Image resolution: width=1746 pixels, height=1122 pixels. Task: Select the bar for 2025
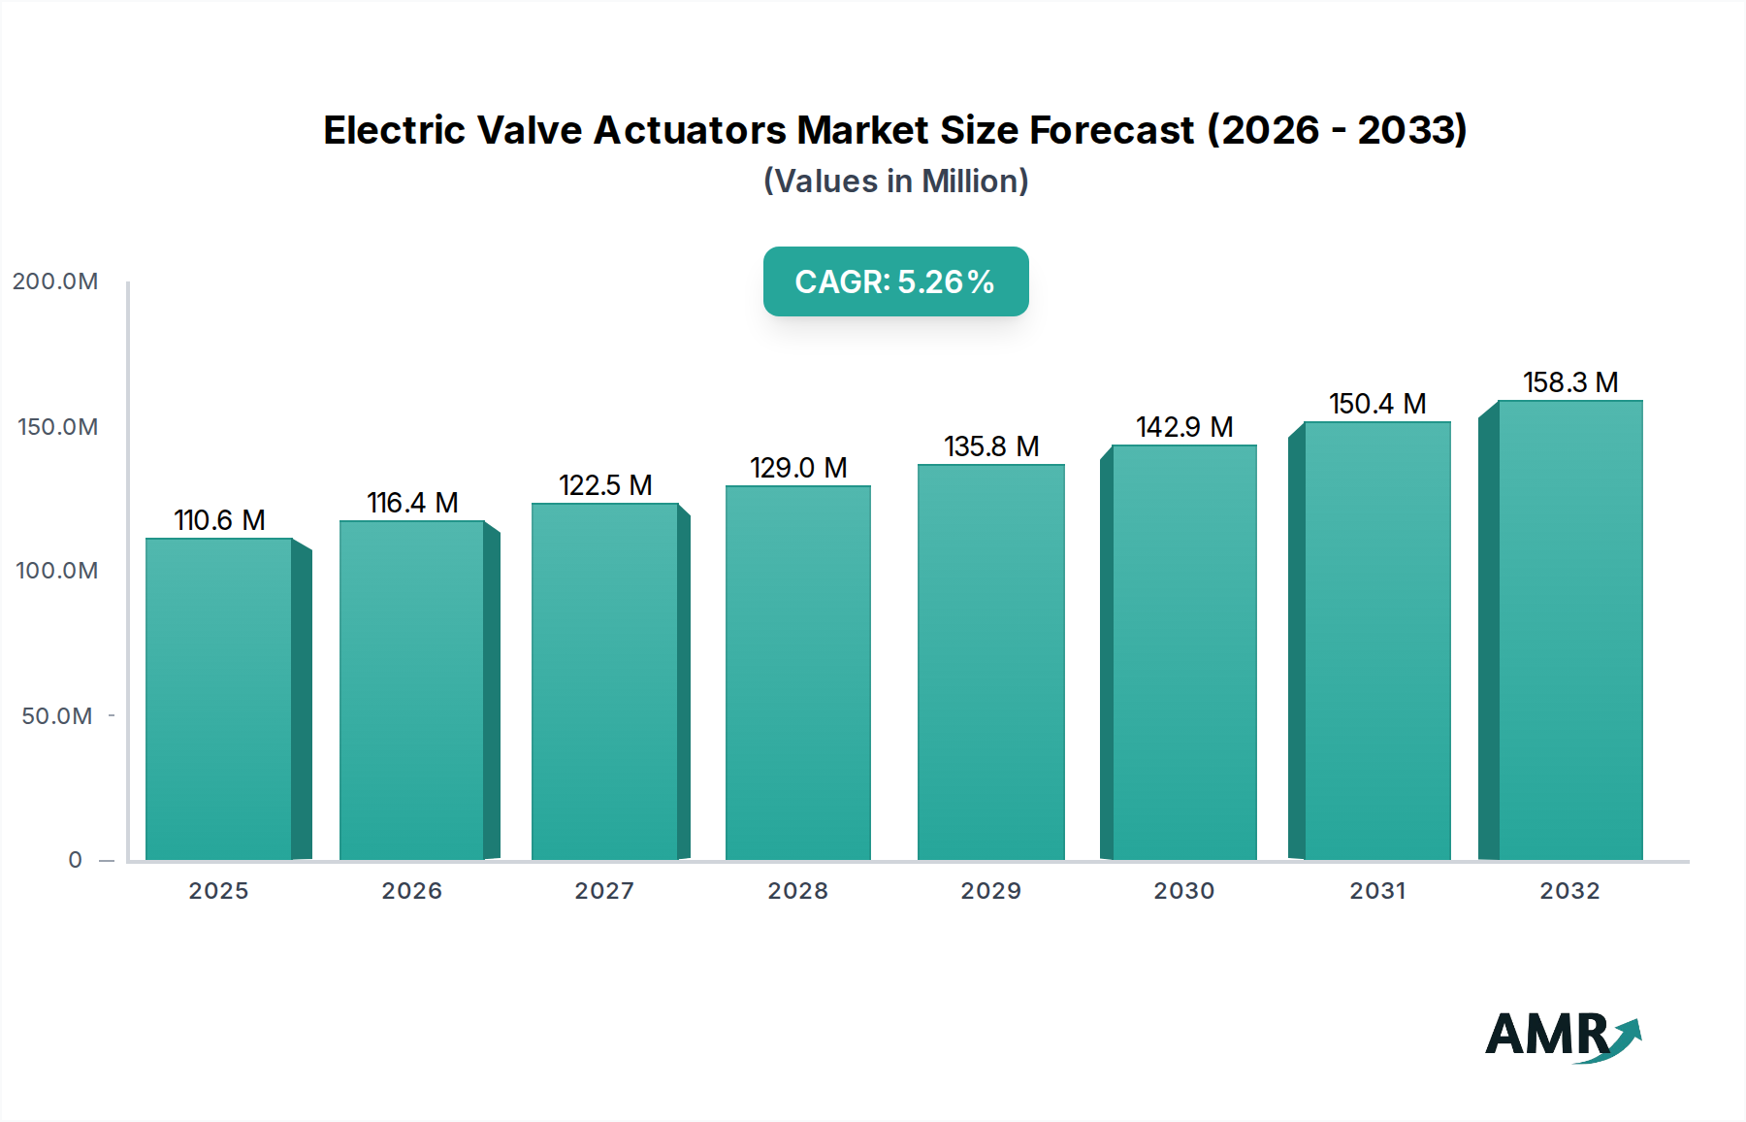click(219, 699)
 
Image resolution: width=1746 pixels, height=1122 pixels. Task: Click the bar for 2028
click(798, 673)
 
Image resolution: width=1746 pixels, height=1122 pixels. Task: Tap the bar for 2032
click(1570, 630)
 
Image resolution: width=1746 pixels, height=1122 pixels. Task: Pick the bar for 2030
click(1183, 652)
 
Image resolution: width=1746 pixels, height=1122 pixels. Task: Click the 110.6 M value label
click(219, 520)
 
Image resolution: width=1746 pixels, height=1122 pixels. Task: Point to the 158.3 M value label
click(1570, 382)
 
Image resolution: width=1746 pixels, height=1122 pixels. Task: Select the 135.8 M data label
click(991, 446)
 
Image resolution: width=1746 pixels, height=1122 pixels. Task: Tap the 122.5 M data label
click(605, 485)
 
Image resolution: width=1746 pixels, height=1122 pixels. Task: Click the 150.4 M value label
click(1377, 404)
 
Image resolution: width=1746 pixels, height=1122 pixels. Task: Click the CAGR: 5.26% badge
click(895, 281)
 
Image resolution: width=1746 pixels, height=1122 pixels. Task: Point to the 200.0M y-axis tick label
click(55, 281)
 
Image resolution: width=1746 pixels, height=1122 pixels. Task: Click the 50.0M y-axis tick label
click(57, 716)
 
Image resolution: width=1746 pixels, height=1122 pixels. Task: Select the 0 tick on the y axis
click(76, 860)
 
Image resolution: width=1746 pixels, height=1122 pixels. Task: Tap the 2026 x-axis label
click(411, 891)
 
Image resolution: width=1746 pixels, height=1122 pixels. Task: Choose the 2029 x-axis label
click(990, 891)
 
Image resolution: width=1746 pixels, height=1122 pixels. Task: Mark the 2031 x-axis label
click(1377, 891)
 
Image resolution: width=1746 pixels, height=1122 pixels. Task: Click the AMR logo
click(1562, 1035)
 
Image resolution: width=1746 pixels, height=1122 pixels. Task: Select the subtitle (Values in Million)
click(895, 181)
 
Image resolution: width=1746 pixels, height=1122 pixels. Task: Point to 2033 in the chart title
click(1411, 130)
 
